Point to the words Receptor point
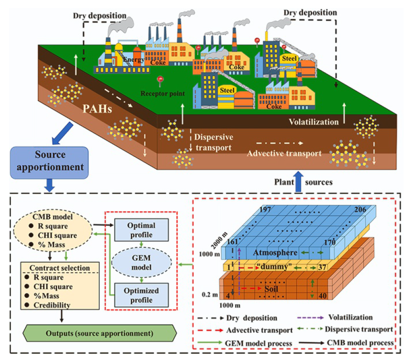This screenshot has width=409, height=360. pos(163,94)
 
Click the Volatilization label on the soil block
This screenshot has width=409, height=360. pos(314,121)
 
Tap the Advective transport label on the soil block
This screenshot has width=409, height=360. pos(284,153)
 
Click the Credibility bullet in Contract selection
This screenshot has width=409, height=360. pos(52,305)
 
